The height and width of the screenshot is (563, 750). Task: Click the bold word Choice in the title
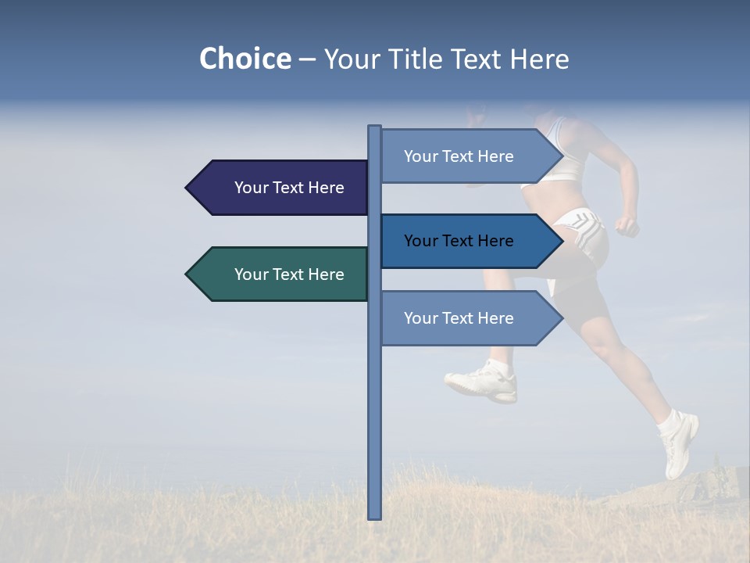(x=245, y=59)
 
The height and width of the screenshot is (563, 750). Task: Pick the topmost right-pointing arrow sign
(x=465, y=156)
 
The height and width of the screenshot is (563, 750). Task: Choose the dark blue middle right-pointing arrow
(x=465, y=241)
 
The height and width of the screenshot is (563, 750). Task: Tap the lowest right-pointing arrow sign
(x=465, y=318)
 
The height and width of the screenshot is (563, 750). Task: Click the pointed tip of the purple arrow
(x=188, y=188)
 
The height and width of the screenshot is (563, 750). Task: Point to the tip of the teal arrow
(x=188, y=274)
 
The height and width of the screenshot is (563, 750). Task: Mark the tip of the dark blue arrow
(x=560, y=241)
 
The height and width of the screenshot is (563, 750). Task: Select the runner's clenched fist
(x=626, y=226)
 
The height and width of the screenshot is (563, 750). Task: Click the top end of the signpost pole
(x=374, y=128)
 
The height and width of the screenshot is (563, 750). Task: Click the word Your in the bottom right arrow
(x=419, y=318)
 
